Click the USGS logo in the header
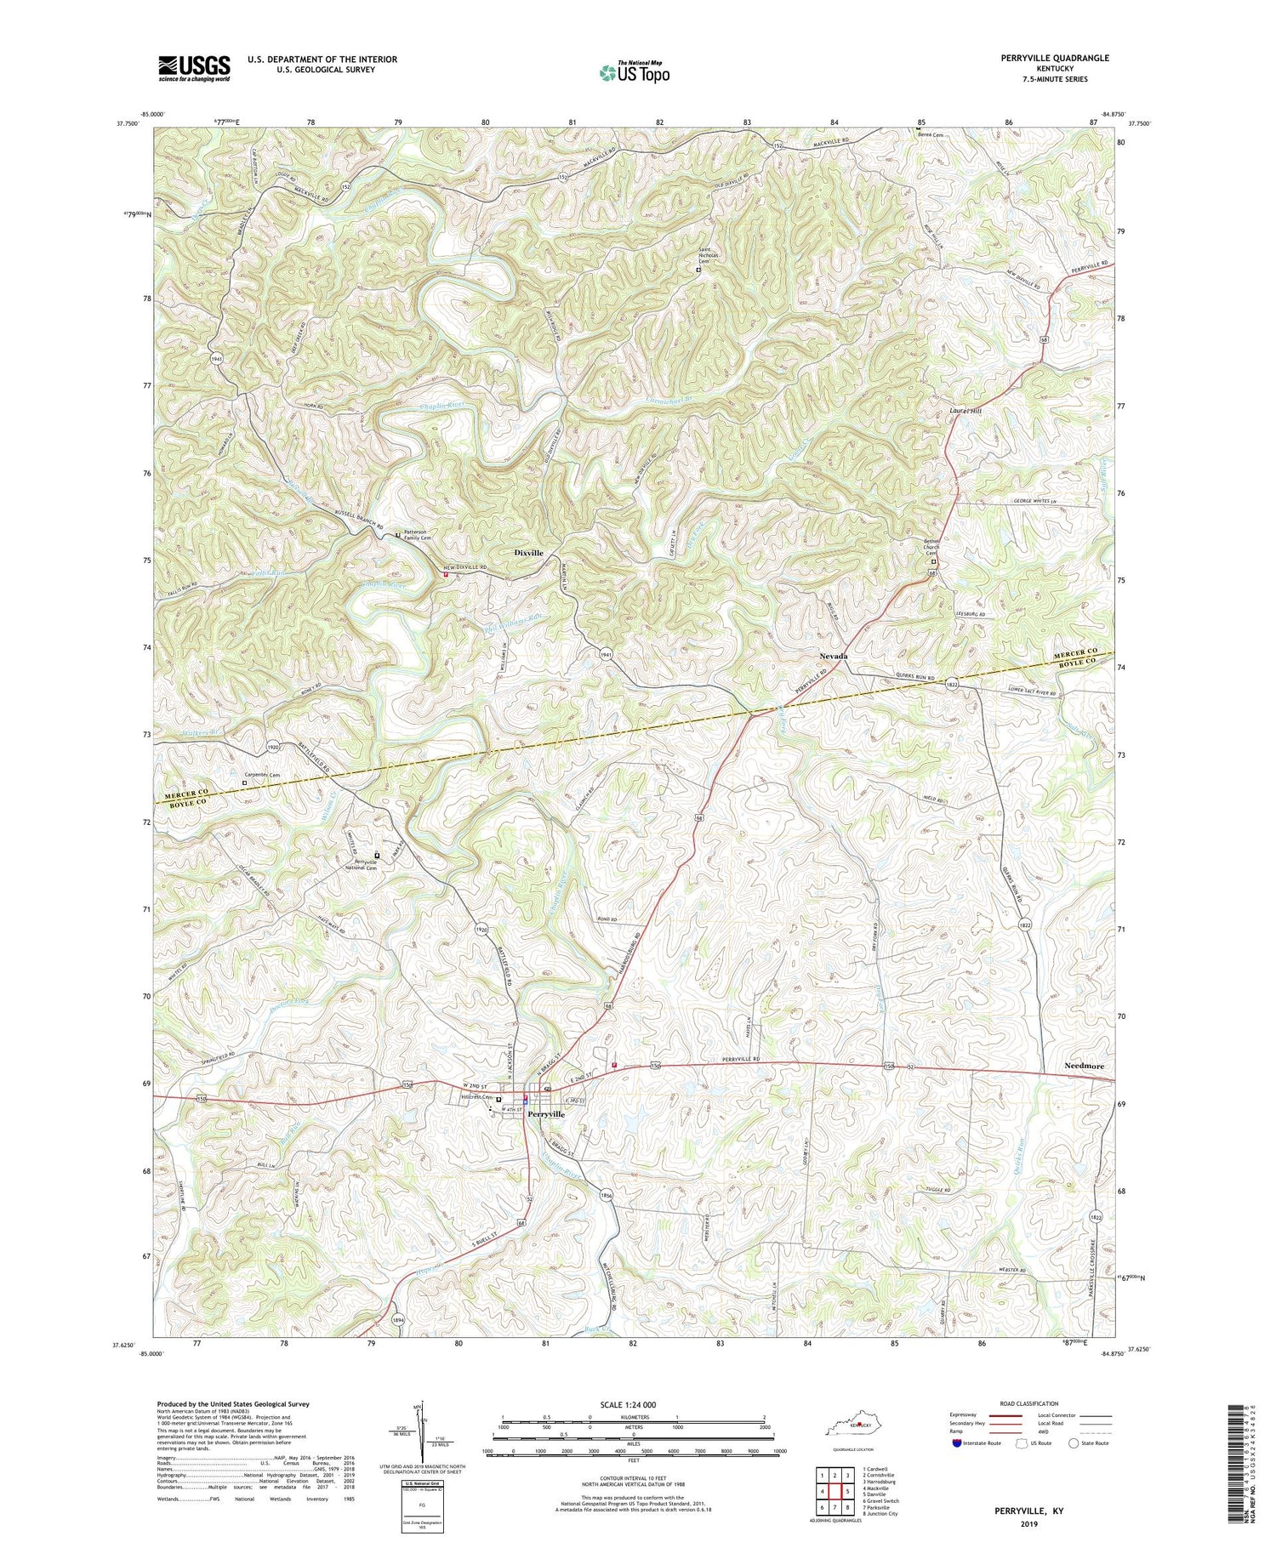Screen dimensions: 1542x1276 click(x=194, y=68)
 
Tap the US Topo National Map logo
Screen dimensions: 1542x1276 click(x=633, y=72)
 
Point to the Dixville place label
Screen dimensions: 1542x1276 click(x=528, y=553)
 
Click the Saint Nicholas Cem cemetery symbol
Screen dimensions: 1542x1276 click(x=698, y=270)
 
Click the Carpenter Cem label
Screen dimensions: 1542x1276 click(x=262, y=774)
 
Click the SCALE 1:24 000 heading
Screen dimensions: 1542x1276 click(x=617, y=1404)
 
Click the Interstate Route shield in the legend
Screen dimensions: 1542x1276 click(x=957, y=1442)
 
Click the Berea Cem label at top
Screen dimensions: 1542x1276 click(x=932, y=134)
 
